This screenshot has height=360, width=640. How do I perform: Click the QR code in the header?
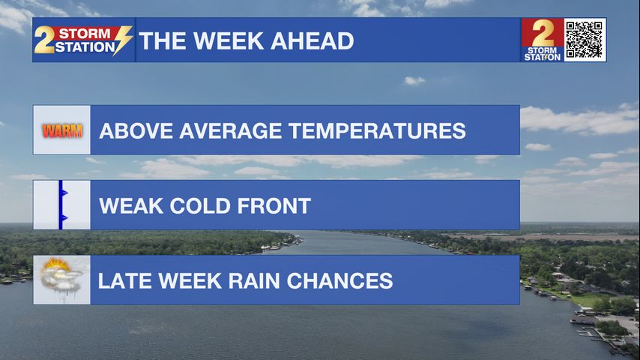point(584,40)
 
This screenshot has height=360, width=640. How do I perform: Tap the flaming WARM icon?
point(62,130)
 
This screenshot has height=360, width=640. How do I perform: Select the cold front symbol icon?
point(62,205)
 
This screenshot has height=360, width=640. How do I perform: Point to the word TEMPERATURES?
point(377,130)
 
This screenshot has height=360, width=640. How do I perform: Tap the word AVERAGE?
point(231,130)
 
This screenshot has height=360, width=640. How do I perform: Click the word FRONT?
point(274,205)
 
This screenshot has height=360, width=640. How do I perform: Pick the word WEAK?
point(131,205)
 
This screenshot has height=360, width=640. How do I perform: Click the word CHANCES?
point(339,280)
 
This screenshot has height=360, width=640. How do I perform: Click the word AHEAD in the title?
point(312,40)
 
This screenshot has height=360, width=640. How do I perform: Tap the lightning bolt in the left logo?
point(123,40)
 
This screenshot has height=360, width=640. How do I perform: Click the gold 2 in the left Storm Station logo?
point(44,40)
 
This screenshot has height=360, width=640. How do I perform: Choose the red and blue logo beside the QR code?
point(542,40)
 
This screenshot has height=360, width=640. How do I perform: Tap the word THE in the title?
point(163,40)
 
